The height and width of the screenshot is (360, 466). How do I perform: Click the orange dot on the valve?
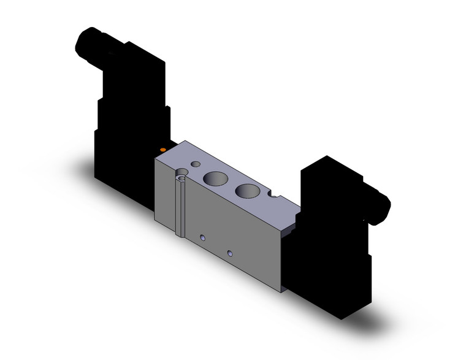click(162, 150)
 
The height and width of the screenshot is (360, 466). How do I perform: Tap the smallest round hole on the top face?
click(196, 165)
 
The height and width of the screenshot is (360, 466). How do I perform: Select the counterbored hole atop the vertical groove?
click(181, 177)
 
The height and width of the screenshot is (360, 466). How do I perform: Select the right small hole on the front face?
click(230, 253)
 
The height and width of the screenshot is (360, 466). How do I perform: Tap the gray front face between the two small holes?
click(216, 245)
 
